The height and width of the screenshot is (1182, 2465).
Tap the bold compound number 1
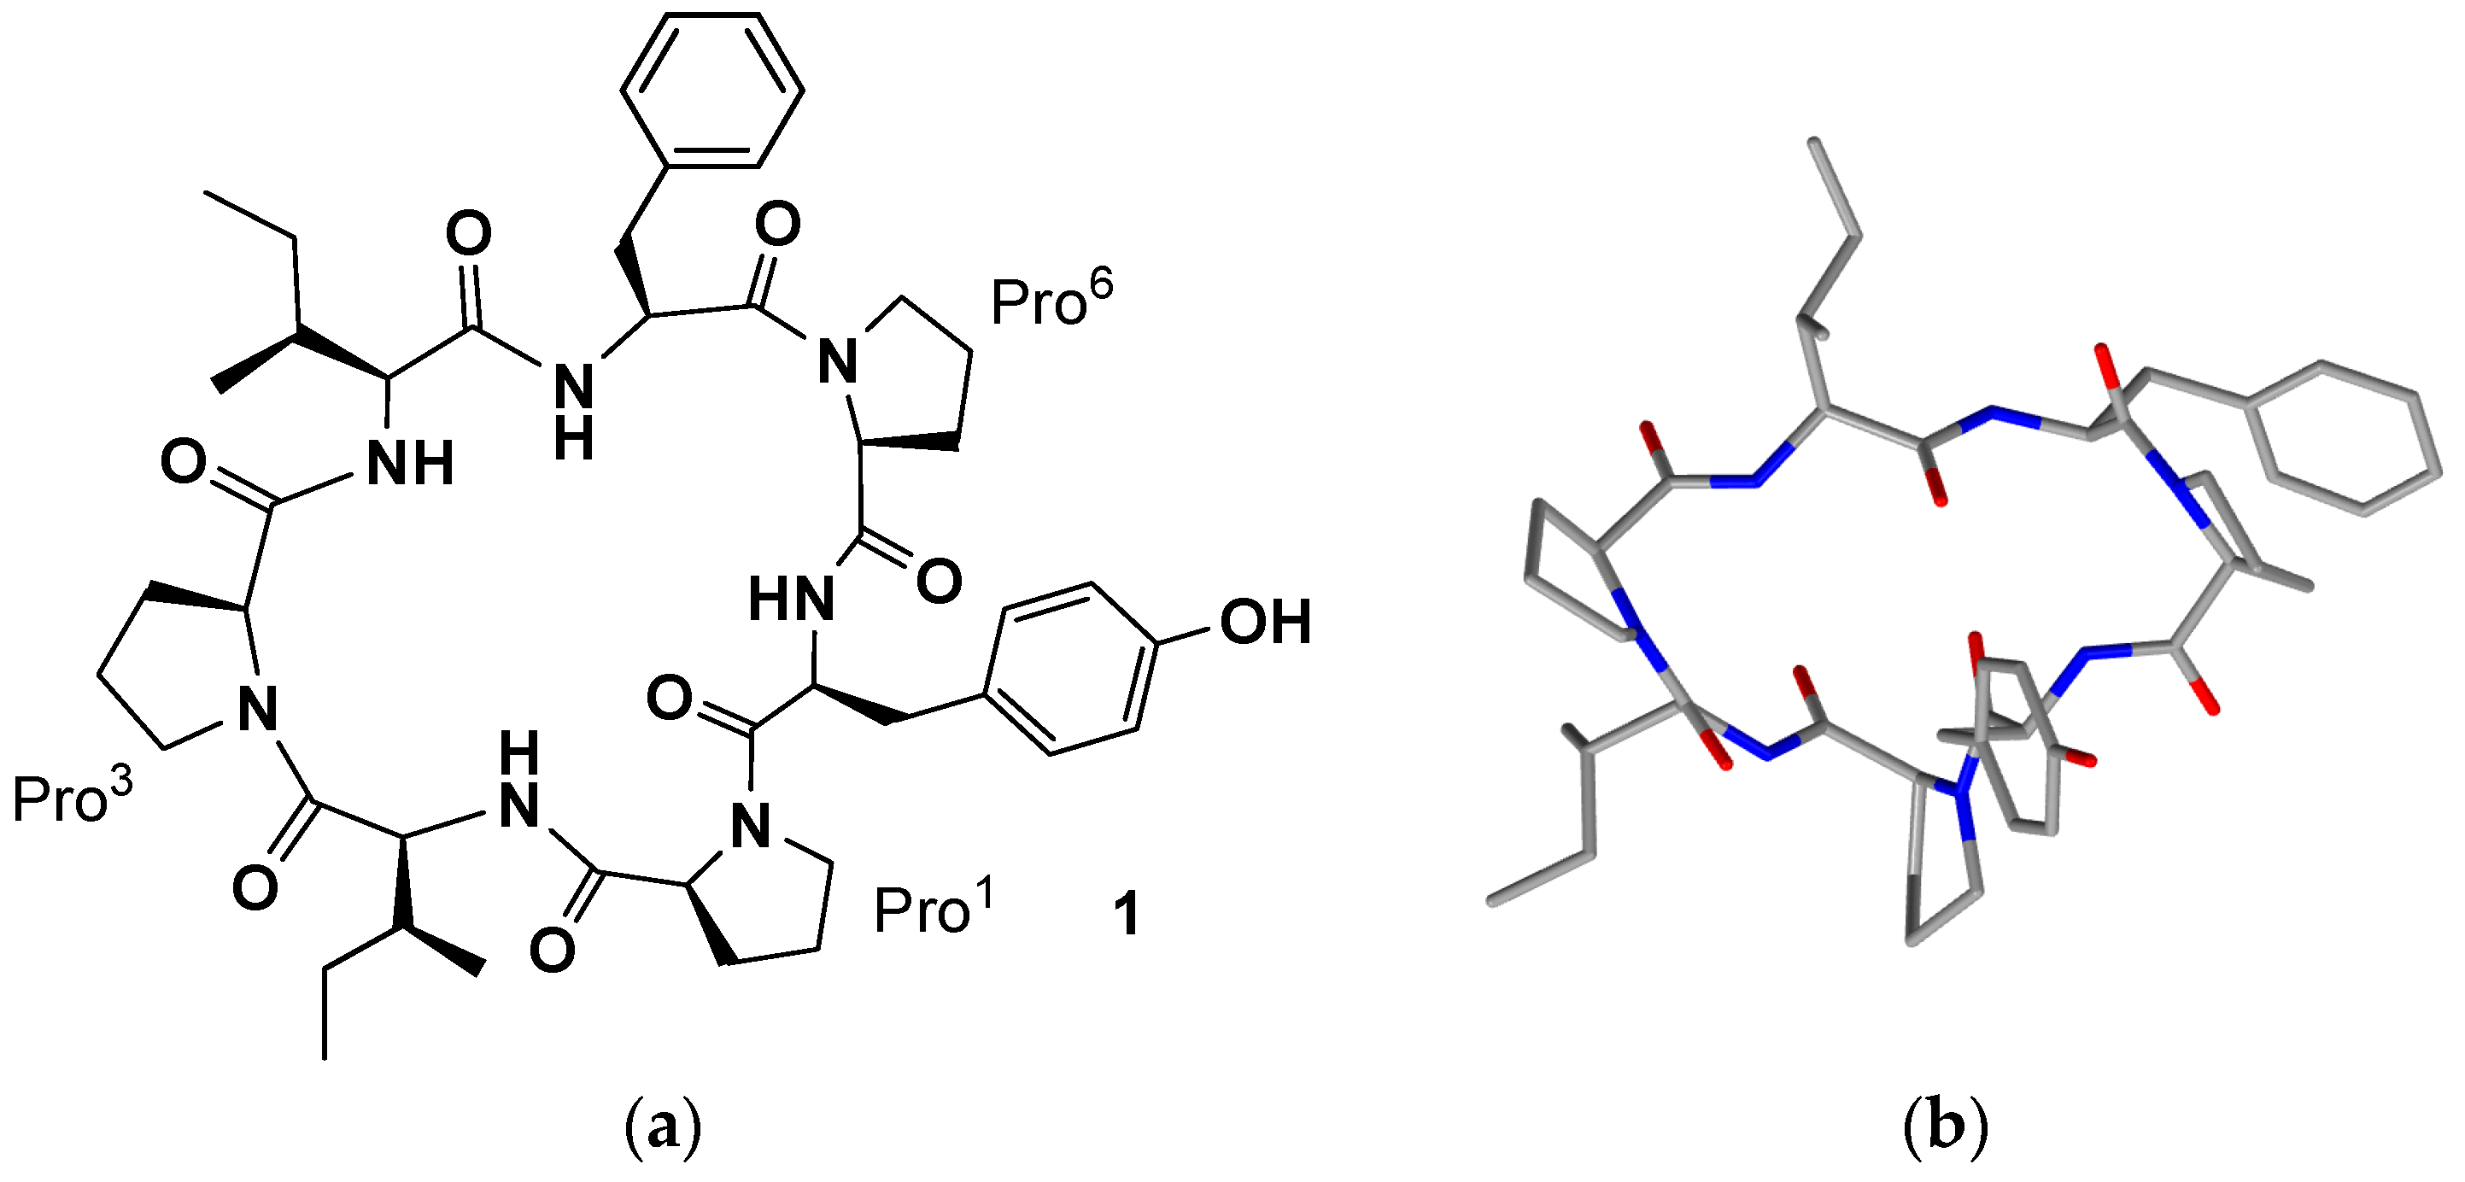[1127, 914]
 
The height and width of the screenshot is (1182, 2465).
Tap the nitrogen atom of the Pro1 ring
[750, 826]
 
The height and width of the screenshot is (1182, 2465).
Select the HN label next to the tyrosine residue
[790, 600]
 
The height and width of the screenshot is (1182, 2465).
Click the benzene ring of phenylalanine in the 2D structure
[712, 90]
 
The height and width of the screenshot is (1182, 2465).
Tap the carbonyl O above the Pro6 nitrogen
[777, 223]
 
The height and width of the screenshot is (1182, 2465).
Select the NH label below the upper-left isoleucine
[410, 465]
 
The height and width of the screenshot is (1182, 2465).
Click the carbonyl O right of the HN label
[938, 581]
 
